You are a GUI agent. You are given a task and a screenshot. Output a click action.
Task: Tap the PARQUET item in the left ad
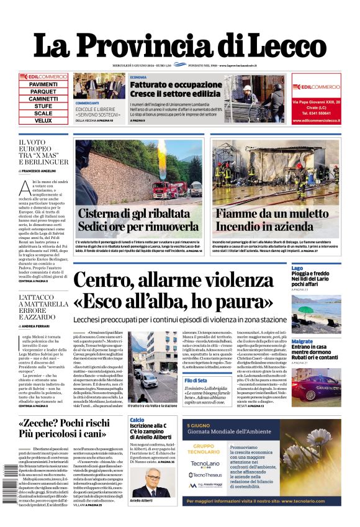(x=43, y=91)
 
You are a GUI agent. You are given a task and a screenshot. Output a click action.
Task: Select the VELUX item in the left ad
(x=43, y=120)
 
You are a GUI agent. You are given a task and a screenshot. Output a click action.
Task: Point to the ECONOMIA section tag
(x=138, y=77)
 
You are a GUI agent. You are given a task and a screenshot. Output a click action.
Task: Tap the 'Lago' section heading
(x=297, y=268)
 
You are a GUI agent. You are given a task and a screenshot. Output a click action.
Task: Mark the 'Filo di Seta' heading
(x=196, y=380)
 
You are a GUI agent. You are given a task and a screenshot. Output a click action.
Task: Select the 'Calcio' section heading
(x=137, y=420)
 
